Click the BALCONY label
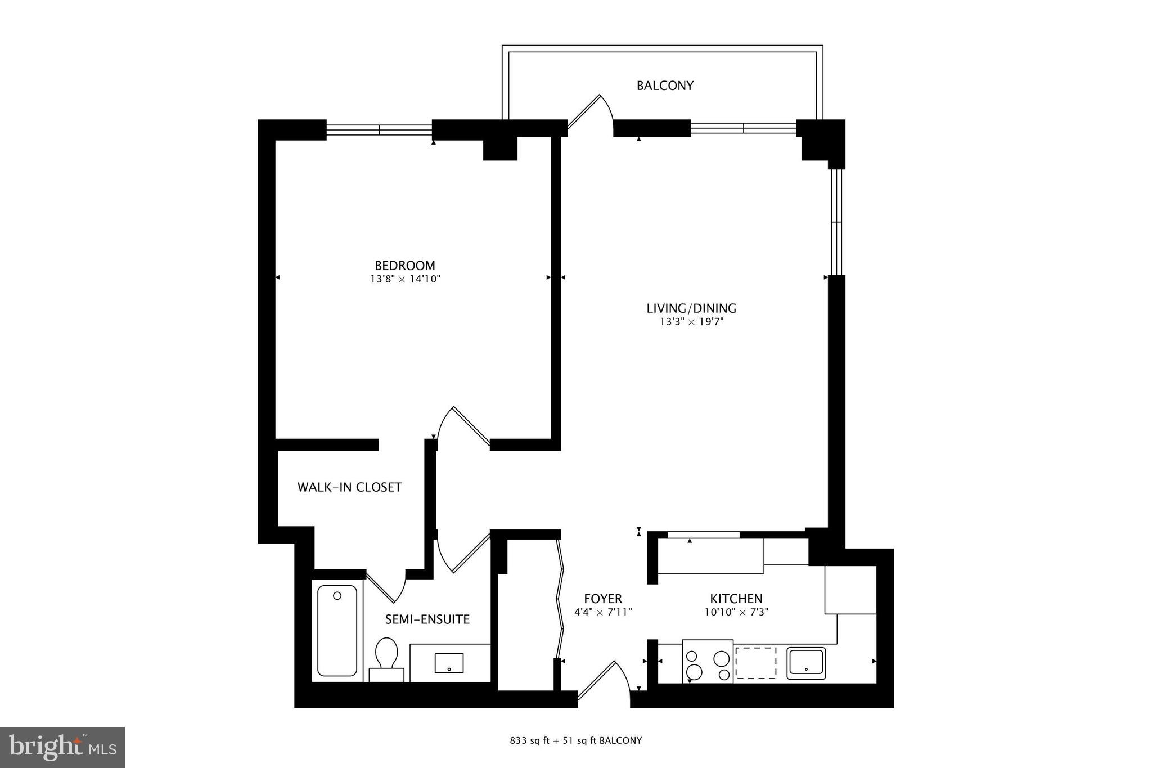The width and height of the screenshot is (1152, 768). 665,86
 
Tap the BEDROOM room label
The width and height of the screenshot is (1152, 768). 405,265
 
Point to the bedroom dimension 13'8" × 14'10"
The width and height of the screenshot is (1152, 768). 405,279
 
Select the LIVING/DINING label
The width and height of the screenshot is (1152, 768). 691,308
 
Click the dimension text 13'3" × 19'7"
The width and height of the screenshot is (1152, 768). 691,322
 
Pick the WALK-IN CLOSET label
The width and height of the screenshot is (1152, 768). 349,487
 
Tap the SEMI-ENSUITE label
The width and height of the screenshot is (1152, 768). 427,619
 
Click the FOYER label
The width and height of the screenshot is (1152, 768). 603,599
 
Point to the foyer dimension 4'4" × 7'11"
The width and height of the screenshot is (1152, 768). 603,612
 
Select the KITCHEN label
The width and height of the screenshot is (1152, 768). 736,599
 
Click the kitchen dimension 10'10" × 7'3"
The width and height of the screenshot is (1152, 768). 736,612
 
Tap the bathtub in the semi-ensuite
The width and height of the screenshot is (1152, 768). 337,631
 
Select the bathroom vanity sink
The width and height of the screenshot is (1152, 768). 449,663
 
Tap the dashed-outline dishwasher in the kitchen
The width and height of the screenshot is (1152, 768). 755,663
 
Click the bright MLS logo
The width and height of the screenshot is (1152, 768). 62,747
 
